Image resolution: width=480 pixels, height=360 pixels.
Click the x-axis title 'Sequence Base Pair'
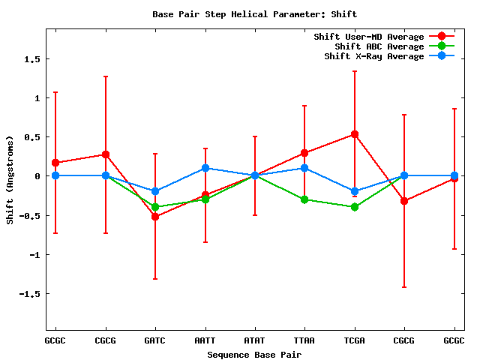[254, 354]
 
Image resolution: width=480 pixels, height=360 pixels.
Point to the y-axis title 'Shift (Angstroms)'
[10, 180]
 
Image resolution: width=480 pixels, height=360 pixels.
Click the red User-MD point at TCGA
[355, 134]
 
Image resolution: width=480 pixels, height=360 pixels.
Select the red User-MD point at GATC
[155, 217]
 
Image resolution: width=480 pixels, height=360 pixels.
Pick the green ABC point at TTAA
[304, 199]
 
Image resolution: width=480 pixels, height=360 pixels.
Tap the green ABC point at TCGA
[355, 207]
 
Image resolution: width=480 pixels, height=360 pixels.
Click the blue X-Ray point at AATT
[205, 168]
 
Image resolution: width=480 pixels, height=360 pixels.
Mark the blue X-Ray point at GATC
[155, 191]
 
